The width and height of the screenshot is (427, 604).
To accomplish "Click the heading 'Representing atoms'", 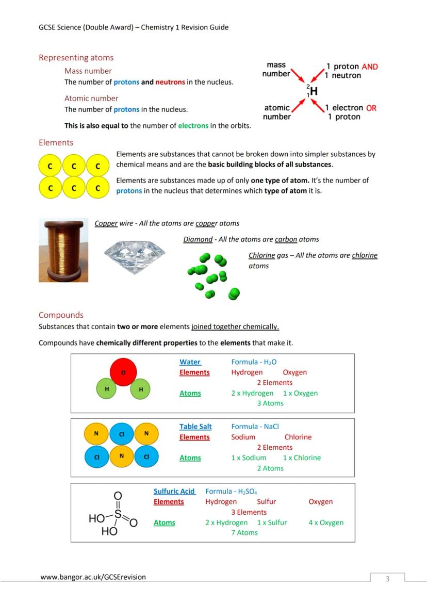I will pos(76,58).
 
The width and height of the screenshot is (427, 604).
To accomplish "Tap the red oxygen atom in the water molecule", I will pos(123,372).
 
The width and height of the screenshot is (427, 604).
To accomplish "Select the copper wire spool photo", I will pos(63,250).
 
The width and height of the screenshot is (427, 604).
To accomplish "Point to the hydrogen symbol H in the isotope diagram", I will pos(313,91).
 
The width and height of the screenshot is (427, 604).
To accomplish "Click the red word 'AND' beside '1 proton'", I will pos(369,67).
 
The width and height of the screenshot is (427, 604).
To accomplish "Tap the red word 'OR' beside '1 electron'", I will pos(371,108).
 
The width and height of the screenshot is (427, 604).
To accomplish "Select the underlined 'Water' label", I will pos(190,362).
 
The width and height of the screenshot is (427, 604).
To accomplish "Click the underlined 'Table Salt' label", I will pos(195,427).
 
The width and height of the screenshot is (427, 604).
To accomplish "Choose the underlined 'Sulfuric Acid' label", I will pos(174,492).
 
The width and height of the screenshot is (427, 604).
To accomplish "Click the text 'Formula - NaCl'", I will pos(255,427).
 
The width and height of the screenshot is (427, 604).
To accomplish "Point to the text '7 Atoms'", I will pos(244,533).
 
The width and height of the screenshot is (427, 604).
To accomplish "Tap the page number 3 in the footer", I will pos(387,579).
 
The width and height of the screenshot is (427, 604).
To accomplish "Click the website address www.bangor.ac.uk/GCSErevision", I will pos(93,577).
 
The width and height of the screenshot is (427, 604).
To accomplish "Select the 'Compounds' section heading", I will pos(61,315).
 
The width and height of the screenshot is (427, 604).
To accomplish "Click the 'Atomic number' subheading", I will pos(91,98).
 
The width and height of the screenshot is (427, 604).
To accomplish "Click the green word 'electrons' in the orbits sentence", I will pos(193,126).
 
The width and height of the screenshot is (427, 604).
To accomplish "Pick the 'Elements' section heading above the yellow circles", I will pos(56,142).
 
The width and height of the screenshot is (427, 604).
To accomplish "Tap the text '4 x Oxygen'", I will pos(326,523).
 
